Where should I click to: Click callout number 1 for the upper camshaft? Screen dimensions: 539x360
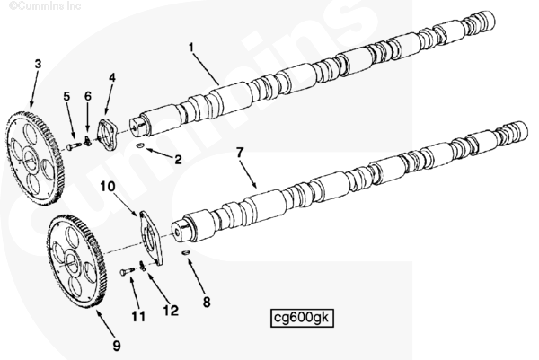pos(191,48)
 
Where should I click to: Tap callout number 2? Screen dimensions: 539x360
pos(178,160)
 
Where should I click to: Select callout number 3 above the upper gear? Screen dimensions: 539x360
pos(38,64)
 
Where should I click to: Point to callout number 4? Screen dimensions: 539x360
pos(112,77)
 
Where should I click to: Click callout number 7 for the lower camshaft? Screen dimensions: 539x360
pos(240,153)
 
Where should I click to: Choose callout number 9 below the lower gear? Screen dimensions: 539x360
pos(117,346)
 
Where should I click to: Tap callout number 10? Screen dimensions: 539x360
pos(108,186)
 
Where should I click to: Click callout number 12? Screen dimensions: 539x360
pos(171,311)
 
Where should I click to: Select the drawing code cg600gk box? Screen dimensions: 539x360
pos(302,318)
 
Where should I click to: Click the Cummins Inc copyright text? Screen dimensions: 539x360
pos(45,6)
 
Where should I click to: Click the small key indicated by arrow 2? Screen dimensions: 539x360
pos(140,146)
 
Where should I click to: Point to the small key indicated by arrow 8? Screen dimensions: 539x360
pos(185,253)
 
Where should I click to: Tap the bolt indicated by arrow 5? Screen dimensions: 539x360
pos(75,146)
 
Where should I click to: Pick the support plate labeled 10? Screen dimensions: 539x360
pos(151,238)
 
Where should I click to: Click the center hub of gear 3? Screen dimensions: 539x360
pos(30,158)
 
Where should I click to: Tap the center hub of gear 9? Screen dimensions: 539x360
pos(72,263)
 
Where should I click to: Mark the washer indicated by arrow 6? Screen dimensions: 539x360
pos(87,141)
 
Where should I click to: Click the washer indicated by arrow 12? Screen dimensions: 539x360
pos(143,266)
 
